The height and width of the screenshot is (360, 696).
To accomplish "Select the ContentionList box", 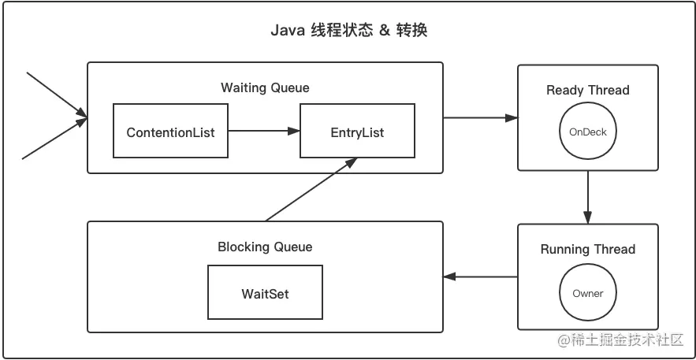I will [170, 132].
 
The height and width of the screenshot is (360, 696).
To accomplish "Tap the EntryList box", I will [357, 132].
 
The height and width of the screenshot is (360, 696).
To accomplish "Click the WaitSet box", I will [265, 293].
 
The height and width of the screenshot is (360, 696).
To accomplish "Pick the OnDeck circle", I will [588, 132].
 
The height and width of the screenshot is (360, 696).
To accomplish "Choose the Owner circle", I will [588, 293].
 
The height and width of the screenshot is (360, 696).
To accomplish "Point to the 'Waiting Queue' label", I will [265, 87].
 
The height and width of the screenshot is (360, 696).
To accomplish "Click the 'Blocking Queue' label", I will [265, 247].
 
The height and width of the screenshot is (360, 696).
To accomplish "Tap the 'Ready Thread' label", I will [588, 90].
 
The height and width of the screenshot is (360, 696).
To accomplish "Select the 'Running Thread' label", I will [588, 250].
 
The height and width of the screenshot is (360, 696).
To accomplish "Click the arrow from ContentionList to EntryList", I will [264, 132].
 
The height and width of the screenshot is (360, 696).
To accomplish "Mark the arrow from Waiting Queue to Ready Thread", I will [480, 118].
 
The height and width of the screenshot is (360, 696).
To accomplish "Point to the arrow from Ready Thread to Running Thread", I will [588, 197].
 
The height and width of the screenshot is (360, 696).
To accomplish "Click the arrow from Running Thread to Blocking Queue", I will [480, 276].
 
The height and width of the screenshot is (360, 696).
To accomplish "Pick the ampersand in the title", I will [385, 32].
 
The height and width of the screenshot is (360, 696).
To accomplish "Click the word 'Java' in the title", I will [288, 32].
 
